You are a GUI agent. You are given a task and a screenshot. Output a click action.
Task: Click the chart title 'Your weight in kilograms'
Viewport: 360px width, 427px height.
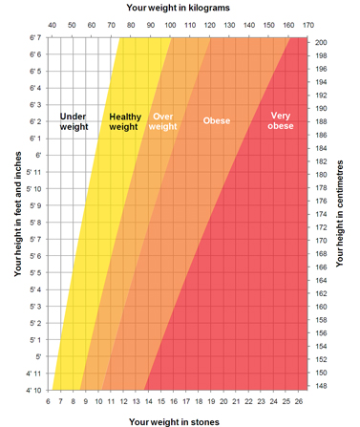point(179,7)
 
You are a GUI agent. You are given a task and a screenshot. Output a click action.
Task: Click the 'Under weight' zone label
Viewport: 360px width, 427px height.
point(74,121)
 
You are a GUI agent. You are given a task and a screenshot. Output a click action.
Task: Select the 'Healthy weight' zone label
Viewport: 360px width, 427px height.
point(125,121)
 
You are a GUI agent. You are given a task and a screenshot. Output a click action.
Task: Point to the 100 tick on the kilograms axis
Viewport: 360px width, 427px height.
point(170,24)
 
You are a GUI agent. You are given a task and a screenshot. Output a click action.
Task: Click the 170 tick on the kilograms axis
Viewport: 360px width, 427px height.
point(307,24)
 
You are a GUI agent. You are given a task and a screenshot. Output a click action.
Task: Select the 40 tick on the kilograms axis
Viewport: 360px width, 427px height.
point(52,24)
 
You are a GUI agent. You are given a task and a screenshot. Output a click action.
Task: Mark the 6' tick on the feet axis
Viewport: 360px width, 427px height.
point(36,155)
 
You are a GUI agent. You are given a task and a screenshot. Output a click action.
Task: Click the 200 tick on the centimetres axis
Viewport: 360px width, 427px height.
point(321,43)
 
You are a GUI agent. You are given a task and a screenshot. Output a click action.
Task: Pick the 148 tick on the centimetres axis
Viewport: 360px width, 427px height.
point(321,387)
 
